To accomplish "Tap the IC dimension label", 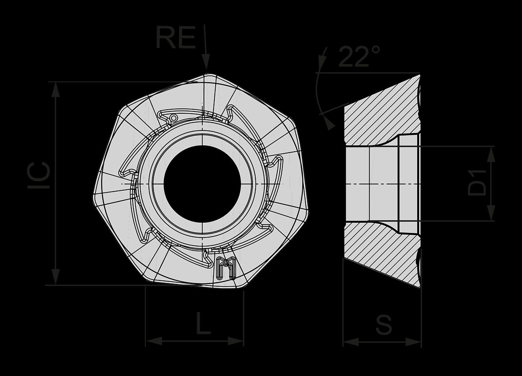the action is [39, 176].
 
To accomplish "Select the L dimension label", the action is [203, 323].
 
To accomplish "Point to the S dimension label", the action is [384, 324].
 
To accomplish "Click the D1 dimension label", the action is [477, 183].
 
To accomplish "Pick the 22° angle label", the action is [359, 56].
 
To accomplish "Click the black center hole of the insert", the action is [202, 184].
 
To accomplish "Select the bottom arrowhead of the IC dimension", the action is [56, 277].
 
